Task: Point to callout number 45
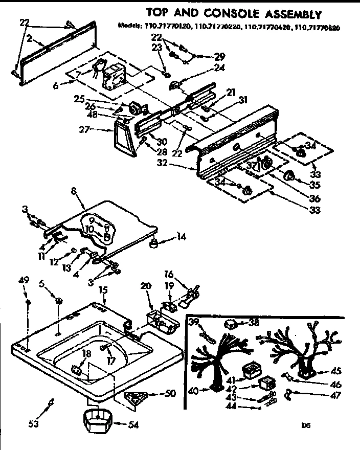pyautogui.click(x=336, y=371)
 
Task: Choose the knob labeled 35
pyautogui.click(x=289, y=176)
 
